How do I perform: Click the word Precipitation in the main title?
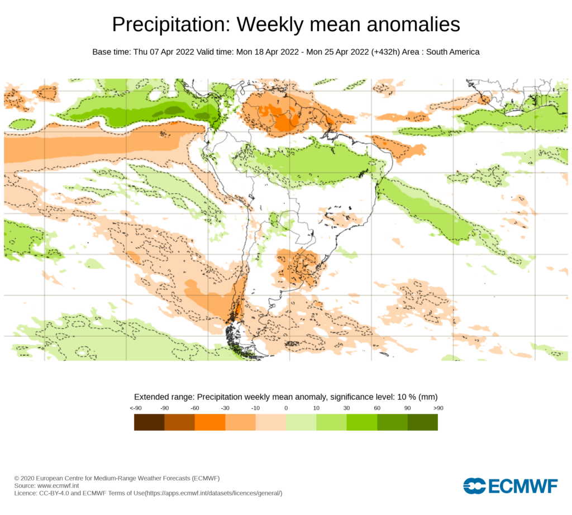pyautogui.click(x=170, y=25)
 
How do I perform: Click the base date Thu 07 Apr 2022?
pyautogui.click(x=164, y=52)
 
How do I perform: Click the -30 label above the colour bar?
pyautogui.click(x=225, y=408)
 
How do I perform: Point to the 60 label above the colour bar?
pyautogui.click(x=377, y=408)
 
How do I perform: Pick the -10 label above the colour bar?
pyautogui.click(x=255, y=408)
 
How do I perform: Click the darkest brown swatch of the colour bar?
pyautogui.click(x=149, y=422)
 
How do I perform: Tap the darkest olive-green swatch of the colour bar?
pyautogui.click(x=422, y=422)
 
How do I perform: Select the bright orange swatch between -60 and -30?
pyautogui.click(x=210, y=422)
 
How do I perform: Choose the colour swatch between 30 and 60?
pyautogui.click(x=362, y=422)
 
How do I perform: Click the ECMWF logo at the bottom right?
pyautogui.click(x=510, y=486)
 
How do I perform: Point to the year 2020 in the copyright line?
pyautogui.click(x=28, y=479)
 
